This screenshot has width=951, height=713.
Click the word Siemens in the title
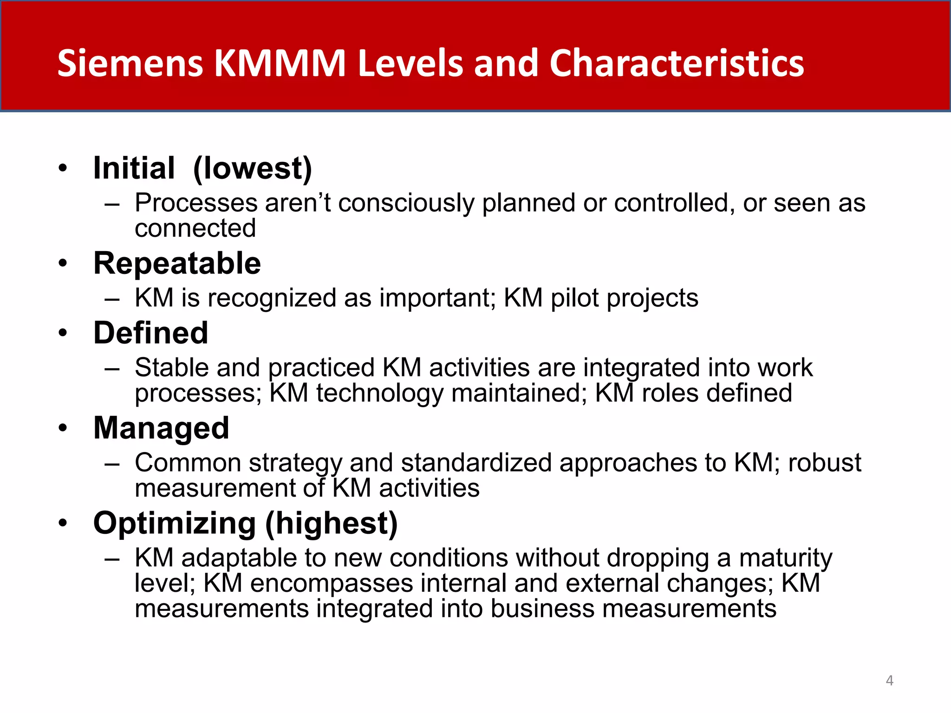[130, 63]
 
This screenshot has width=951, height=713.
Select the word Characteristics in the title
[677, 63]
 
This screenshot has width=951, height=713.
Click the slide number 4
[889, 681]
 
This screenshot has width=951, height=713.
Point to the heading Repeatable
[177, 264]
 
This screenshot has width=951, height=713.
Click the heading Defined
[150, 333]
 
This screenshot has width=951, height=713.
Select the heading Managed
[161, 428]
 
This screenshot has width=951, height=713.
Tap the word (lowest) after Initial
[253, 168]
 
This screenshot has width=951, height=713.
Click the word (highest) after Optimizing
[331, 523]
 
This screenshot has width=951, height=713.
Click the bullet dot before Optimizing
[63, 523]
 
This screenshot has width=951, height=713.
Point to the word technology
[379, 393]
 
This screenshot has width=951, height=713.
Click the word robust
[824, 463]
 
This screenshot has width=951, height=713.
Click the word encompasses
[332, 583]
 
